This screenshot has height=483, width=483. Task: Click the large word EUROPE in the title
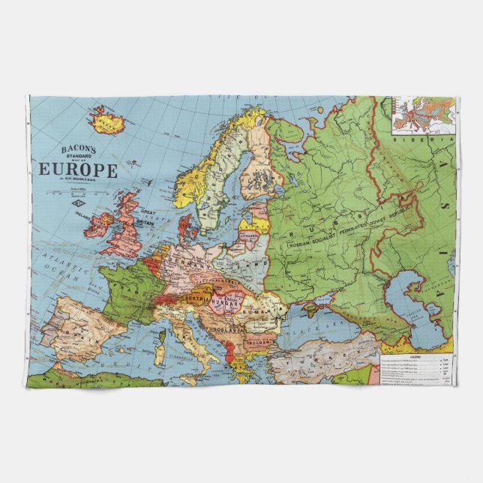pyautogui.click(x=78, y=169)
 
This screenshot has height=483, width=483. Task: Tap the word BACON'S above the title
pyautogui.click(x=78, y=149)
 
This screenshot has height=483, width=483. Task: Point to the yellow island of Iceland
pyautogui.click(x=107, y=120)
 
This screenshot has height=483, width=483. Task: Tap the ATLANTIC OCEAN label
pyautogui.click(x=62, y=267)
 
